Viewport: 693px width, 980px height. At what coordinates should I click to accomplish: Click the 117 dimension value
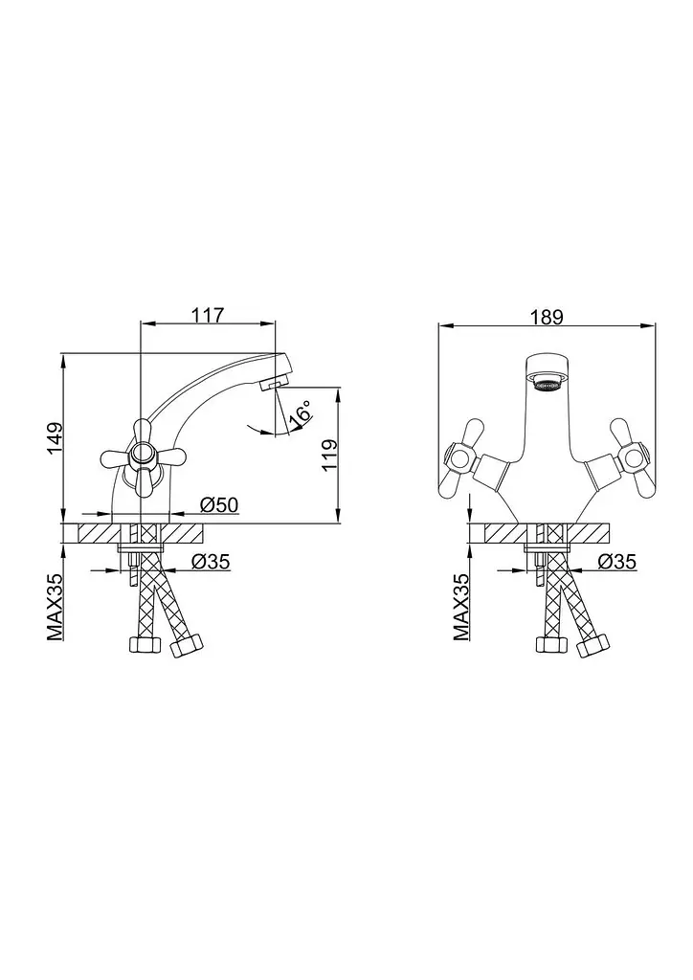coord(208,315)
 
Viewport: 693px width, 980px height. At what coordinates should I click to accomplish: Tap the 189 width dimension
coord(547,317)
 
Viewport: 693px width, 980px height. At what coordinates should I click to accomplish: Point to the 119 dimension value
coord(329,455)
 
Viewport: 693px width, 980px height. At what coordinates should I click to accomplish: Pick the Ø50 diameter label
coord(219,504)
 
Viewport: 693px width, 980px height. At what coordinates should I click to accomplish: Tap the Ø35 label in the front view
coord(616,562)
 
